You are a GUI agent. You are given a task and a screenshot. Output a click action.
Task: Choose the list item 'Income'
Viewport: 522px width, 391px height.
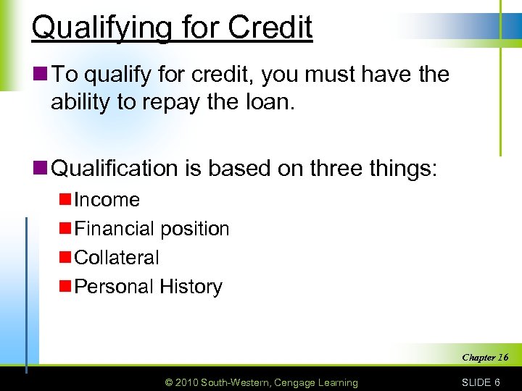tap(107, 200)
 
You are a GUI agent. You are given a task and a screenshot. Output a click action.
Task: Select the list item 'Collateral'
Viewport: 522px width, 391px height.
tap(117, 258)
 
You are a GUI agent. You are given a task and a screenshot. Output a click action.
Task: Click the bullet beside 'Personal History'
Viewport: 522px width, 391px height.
tap(65, 287)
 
